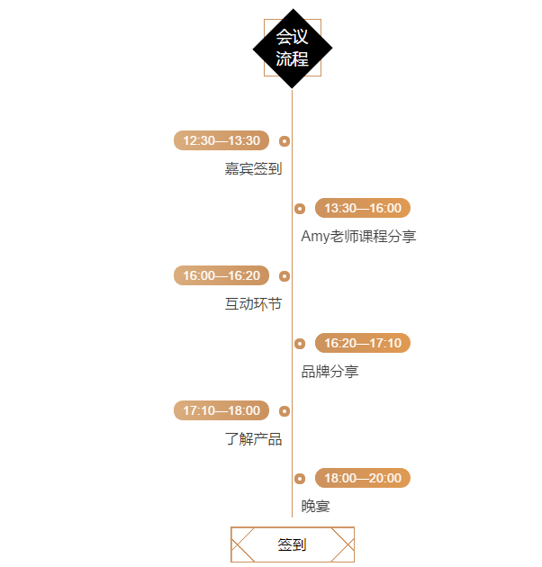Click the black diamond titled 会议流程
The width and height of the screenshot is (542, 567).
[x=293, y=48]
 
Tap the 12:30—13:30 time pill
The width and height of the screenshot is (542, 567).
[x=221, y=140]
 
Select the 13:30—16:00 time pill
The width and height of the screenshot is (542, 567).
[x=363, y=208]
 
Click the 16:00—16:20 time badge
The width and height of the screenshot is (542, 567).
[x=221, y=275]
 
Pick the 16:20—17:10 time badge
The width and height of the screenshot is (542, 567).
[x=363, y=343]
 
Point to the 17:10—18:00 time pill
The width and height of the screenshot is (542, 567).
[x=221, y=410]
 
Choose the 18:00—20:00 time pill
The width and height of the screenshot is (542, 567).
[x=363, y=478]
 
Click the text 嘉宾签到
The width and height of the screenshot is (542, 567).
[x=253, y=169]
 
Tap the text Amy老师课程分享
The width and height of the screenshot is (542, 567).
[x=358, y=237]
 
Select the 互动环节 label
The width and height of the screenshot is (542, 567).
[x=253, y=304]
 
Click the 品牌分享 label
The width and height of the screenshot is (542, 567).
[x=330, y=372]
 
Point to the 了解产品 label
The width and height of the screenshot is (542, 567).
[x=253, y=439]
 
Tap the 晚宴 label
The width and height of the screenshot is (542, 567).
[x=315, y=506]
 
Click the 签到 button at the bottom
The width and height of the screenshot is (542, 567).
[x=293, y=544]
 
